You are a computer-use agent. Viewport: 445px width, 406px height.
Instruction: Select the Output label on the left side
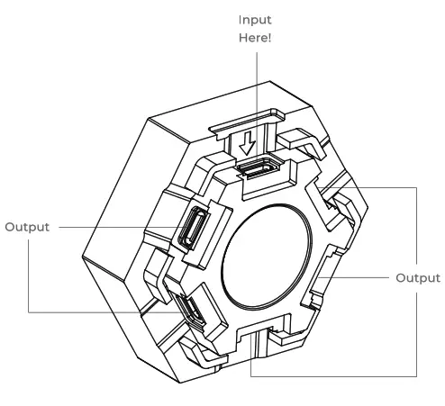click(28, 227)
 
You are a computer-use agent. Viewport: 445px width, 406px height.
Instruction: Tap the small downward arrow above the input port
click(250, 145)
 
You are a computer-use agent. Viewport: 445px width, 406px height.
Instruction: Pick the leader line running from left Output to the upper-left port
click(117, 228)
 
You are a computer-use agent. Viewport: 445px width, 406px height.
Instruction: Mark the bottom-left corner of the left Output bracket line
click(29, 312)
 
